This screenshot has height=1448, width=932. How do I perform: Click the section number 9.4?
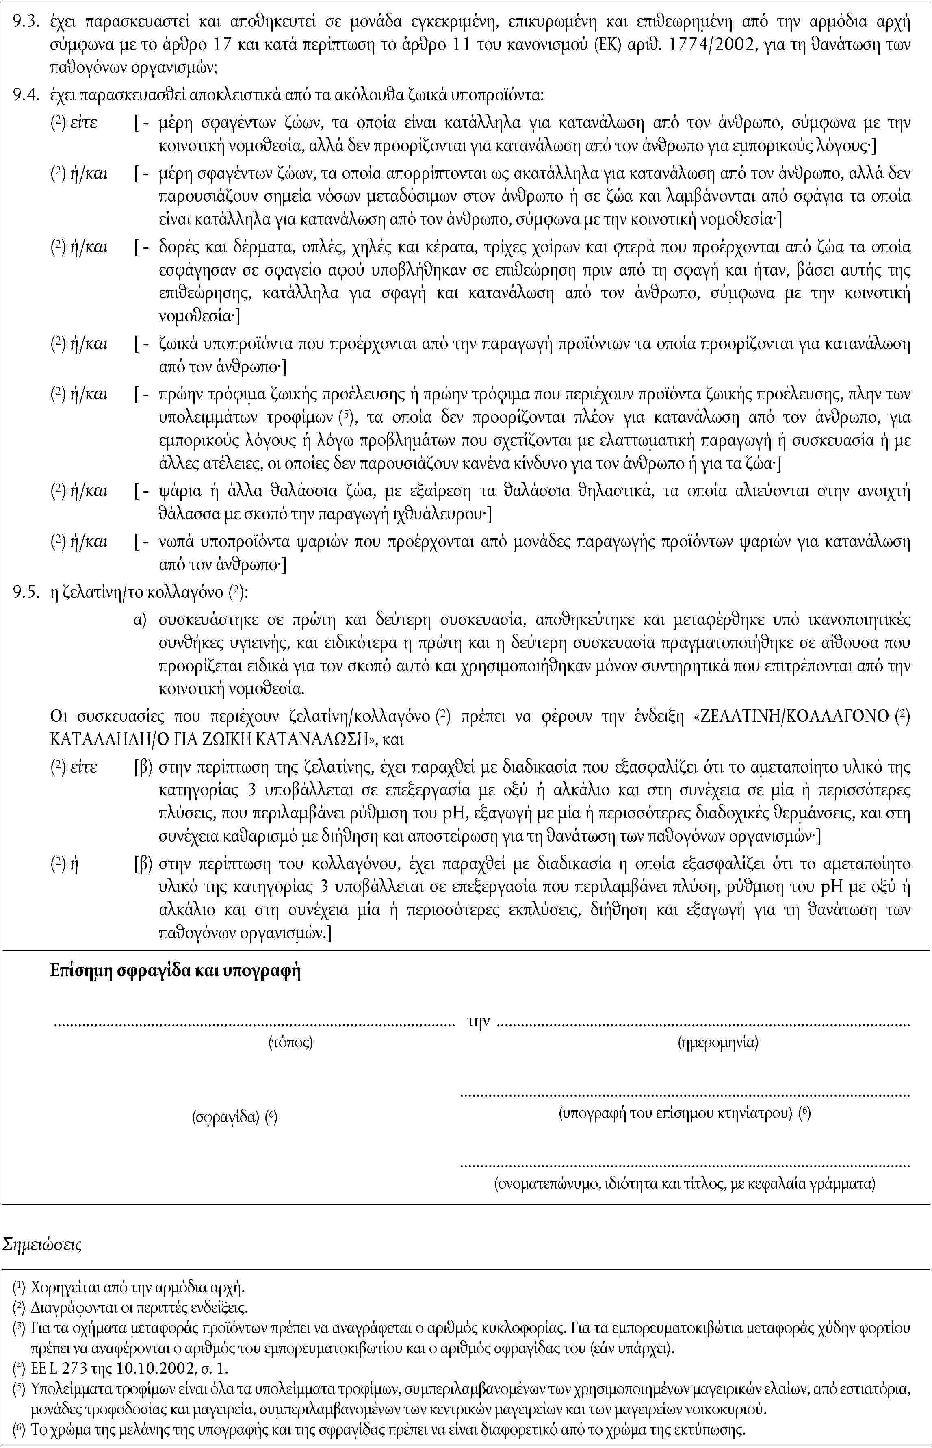pyautogui.click(x=27, y=95)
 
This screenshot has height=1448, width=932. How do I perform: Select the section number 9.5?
pyautogui.click(x=27, y=593)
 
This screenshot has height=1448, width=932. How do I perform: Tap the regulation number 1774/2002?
pyautogui.click(x=707, y=46)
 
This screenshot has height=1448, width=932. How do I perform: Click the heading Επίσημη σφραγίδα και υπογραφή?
pyautogui.click(x=176, y=972)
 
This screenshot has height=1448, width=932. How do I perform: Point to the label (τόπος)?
pyautogui.click(x=290, y=1042)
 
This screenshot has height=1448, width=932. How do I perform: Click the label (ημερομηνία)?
pyautogui.click(x=718, y=1042)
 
